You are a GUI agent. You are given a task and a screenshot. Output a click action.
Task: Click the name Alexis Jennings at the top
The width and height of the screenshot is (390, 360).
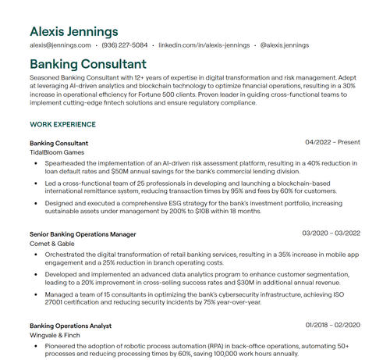74,31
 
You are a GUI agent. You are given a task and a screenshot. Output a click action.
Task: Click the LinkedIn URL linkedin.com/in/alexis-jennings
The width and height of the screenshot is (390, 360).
204,46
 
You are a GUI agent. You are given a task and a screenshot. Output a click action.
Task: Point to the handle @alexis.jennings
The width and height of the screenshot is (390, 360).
285,46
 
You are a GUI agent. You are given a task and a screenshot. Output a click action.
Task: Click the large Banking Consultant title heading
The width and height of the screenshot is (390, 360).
87,63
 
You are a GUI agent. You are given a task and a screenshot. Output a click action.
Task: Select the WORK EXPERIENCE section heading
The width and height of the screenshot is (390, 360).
62,124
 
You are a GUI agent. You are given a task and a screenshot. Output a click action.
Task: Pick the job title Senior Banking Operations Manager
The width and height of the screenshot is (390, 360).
83,234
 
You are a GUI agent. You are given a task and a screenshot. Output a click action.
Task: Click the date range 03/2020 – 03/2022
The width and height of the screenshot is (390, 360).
331,233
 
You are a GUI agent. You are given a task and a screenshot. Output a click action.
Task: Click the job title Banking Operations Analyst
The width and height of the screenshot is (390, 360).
70,325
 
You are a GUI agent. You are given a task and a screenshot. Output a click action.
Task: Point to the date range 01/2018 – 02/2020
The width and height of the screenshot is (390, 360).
332,325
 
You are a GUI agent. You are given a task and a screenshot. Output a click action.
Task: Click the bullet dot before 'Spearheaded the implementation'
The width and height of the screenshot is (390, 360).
36,164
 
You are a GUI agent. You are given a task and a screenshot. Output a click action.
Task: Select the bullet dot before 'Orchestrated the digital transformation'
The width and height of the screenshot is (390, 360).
36,255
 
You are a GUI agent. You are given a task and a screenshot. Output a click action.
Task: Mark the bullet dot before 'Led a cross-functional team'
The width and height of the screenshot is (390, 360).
36,184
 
